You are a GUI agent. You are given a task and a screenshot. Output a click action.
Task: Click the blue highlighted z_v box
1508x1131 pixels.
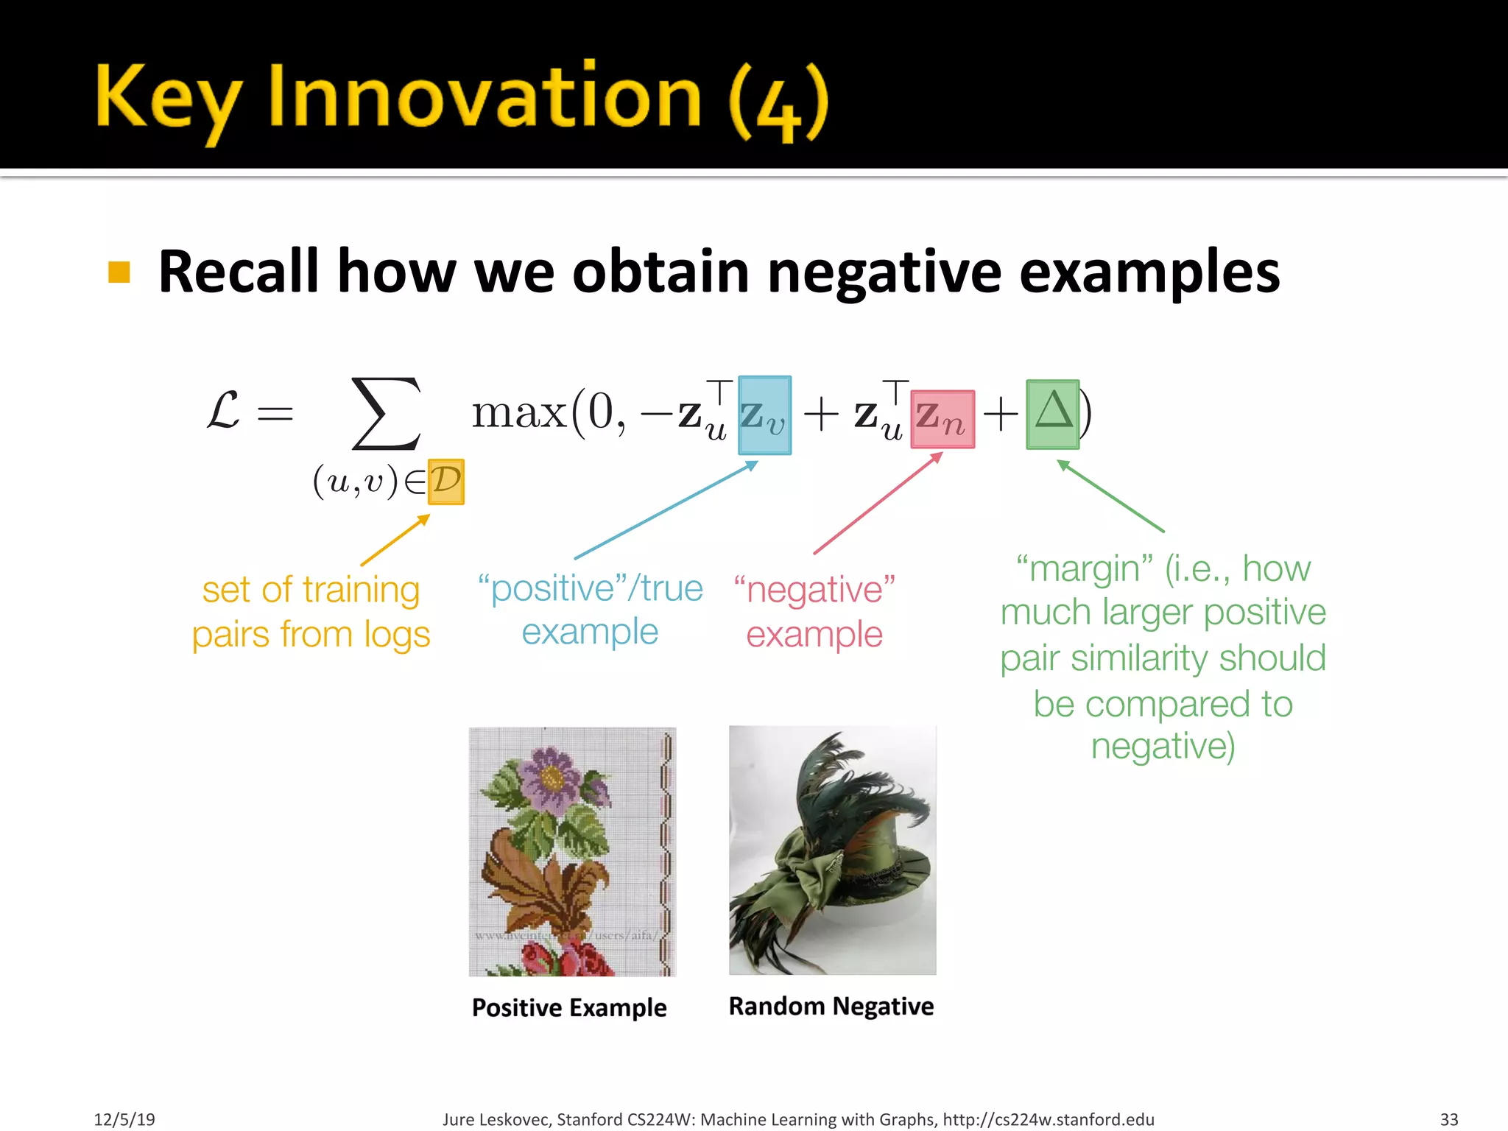pos(764,415)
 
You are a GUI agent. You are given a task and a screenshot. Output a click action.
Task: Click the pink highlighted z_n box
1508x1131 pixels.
pos(942,419)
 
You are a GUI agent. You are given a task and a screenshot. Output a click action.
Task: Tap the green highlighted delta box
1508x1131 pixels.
pos(1052,414)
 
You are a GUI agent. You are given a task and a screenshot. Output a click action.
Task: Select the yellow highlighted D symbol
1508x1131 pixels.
pos(445,482)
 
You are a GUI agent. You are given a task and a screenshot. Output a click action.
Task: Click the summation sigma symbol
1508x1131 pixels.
pos(386,414)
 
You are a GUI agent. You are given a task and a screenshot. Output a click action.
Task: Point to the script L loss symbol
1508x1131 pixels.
pos(222,411)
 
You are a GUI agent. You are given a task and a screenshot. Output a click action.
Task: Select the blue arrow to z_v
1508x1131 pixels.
pos(666,510)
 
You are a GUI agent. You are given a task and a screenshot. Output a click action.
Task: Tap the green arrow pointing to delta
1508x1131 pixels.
pos(1110,495)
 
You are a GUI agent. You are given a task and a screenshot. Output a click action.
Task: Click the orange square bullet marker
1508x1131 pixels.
pos(119,272)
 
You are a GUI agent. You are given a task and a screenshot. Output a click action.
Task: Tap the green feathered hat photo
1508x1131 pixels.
pos(832,850)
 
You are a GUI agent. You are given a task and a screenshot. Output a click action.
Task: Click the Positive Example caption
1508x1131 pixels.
pos(568,1007)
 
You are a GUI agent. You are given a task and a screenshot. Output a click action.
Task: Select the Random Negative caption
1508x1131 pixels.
pos(831,1006)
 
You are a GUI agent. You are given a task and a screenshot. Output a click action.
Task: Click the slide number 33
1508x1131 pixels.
pos(1448,1119)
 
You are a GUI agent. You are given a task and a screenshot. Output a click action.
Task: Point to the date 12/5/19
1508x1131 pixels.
pos(124,1119)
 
